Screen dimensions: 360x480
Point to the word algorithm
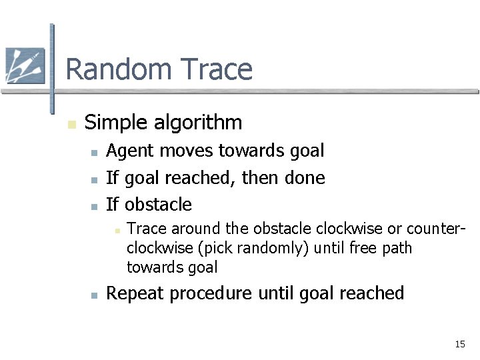(x=199, y=123)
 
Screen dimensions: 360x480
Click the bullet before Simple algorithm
(x=71, y=124)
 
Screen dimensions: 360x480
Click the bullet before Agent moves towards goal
(x=95, y=153)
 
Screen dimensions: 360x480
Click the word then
(x=261, y=178)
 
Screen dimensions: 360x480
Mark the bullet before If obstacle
(x=95, y=205)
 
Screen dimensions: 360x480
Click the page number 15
(x=459, y=345)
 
